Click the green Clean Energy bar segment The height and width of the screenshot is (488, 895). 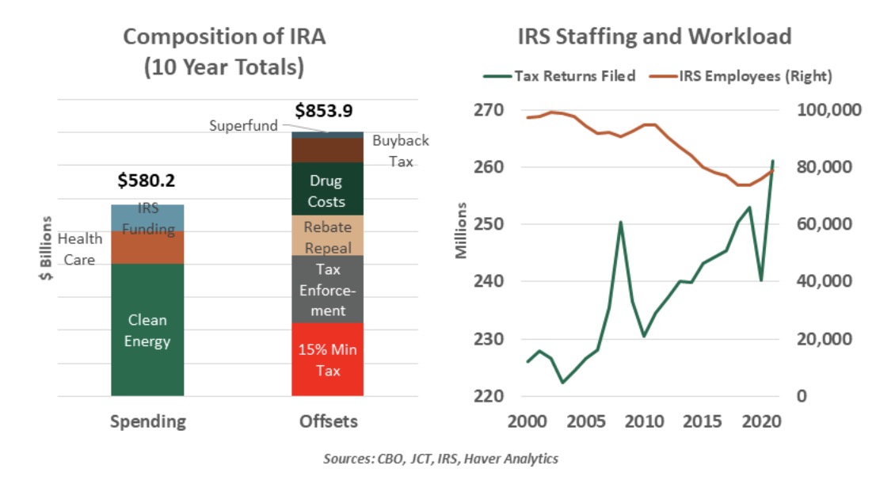147,330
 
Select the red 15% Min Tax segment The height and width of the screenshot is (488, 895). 327,359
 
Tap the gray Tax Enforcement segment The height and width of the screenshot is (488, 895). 327,289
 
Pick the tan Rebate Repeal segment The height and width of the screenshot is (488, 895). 327,235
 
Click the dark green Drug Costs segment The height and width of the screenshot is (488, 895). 327,189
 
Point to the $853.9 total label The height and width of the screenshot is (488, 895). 326,111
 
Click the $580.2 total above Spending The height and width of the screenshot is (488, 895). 146,181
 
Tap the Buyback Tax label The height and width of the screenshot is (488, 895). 400,151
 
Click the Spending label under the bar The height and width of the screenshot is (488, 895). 147,421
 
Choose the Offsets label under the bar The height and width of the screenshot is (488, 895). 327,421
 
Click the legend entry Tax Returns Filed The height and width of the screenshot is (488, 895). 559,76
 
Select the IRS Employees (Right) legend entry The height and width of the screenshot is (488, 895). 744,76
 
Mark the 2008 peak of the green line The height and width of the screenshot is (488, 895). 621,222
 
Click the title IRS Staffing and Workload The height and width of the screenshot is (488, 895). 654,36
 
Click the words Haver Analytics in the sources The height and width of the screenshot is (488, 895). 524,459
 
